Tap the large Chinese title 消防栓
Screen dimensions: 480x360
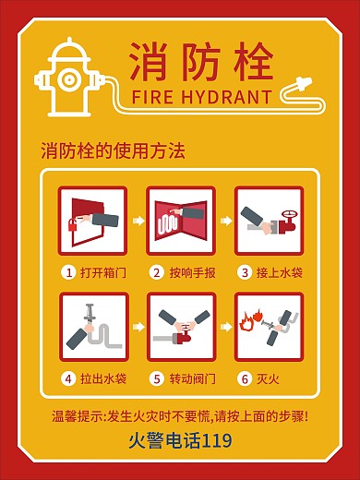tap(200, 61)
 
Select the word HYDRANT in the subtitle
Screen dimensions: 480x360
tap(232, 97)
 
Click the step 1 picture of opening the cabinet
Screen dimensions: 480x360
tap(92, 221)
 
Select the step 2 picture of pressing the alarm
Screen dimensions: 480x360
tap(181, 221)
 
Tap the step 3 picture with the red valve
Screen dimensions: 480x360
tap(269, 221)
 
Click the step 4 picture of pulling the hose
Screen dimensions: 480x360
tap(92, 327)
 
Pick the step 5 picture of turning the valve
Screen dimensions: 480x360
tap(181, 327)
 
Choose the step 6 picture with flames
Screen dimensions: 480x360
tap(269, 327)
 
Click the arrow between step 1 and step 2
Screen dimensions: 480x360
tap(137, 221)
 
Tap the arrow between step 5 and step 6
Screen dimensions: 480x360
tap(224, 327)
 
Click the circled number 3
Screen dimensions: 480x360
tap(245, 272)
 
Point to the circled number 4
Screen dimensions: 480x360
tap(68, 378)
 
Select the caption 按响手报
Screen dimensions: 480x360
tap(192, 272)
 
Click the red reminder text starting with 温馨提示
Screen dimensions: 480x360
tap(180, 415)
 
